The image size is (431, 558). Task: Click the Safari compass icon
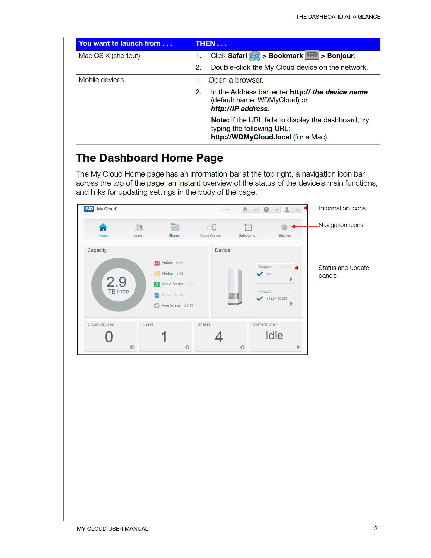(x=255, y=56)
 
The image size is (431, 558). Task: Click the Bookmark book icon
(x=312, y=55)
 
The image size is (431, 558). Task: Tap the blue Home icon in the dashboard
(x=103, y=227)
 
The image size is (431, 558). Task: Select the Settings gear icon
(x=284, y=227)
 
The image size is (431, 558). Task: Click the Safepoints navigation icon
(x=248, y=227)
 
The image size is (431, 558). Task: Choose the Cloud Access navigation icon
(x=212, y=227)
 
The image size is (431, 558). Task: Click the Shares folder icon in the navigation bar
(x=175, y=227)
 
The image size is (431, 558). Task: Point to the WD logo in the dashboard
(x=89, y=209)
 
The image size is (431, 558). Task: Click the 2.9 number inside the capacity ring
(x=116, y=281)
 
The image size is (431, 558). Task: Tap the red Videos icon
(x=157, y=263)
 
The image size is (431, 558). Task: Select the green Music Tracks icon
(x=157, y=284)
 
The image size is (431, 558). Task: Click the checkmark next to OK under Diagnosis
(x=260, y=274)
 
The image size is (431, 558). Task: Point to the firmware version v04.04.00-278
(x=277, y=299)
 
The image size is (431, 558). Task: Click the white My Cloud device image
(x=235, y=286)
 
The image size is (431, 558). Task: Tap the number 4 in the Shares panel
(x=219, y=337)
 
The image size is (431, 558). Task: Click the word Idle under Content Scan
(x=274, y=335)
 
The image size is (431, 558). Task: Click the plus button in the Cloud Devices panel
(x=132, y=347)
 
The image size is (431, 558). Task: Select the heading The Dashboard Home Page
(x=149, y=158)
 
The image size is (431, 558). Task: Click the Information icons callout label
(x=342, y=208)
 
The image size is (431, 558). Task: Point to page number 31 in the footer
(x=377, y=528)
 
